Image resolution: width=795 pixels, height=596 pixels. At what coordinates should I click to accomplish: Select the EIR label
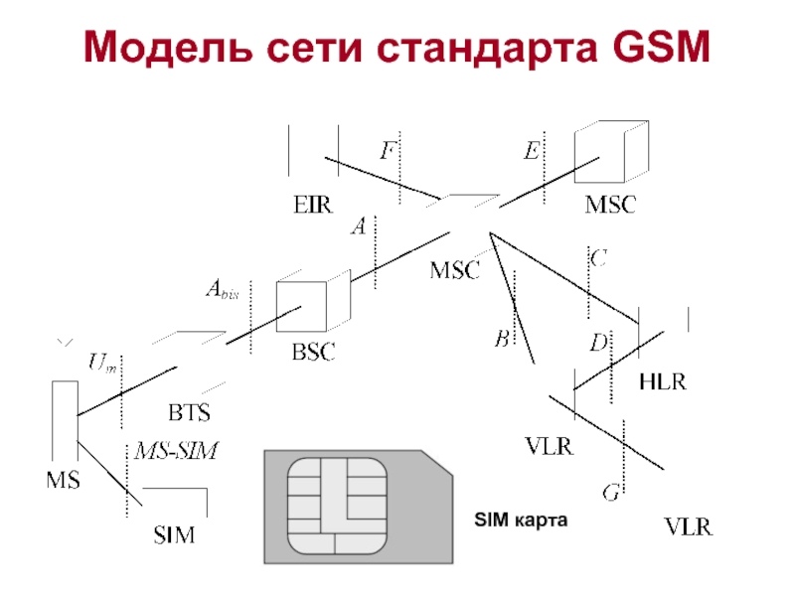[x=311, y=206]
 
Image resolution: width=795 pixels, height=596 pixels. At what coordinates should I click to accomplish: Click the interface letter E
[x=532, y=151]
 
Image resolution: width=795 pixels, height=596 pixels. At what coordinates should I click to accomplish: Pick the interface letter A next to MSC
[x=359, y=227]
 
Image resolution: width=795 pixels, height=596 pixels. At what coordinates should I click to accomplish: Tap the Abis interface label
[x=223, y=290]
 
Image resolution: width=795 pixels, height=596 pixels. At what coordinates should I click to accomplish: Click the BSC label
[x=313, y=351]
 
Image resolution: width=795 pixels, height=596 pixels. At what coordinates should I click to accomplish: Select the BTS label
[x=189, y=409]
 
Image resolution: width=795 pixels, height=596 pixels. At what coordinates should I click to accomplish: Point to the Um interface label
[x=102, y=363]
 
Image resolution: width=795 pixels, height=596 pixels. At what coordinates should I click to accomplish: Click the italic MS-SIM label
[x=176, y=450]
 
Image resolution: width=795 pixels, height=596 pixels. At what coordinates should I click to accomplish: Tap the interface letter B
[x=502, y=340]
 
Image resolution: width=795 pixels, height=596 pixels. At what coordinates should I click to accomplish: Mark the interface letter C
[x=599, y=258]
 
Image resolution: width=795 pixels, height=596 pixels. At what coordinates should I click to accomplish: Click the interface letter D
[x=598, y=344]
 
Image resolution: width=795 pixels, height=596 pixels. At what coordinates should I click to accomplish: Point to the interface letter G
[x=612, y=491]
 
